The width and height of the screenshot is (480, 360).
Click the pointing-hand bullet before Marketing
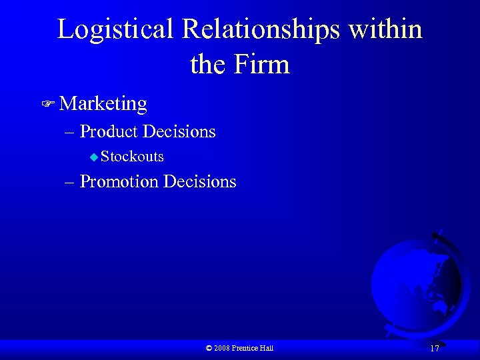tap(47, 104)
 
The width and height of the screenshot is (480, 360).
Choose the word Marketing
tap(103, 104)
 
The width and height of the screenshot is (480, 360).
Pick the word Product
tap(109, 132)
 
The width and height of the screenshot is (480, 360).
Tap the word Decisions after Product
tap(179, 132)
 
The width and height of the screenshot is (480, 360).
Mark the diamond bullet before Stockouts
tap(94, 157)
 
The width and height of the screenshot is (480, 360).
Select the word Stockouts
tap(133, 157)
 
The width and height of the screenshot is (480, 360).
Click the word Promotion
tap(119, 182)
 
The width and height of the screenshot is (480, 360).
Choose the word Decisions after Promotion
tap(200, 182)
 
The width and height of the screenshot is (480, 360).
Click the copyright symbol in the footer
tap(209, 348)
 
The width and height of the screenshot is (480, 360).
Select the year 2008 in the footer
tap(222, 348)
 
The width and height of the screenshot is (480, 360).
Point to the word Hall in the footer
tap(267, 348)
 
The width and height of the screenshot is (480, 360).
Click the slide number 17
tap(434, 349)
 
